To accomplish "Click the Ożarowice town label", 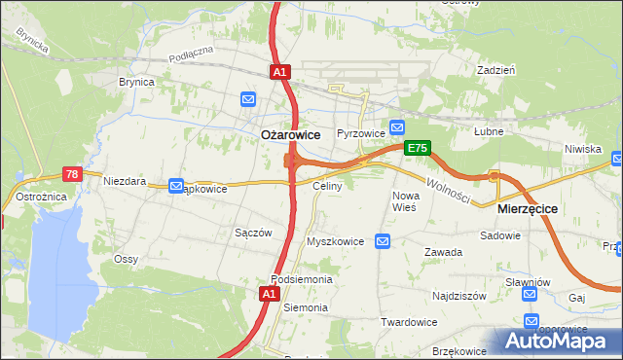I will [x=290, y=135].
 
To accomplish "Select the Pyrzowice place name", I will [x=356, y=132].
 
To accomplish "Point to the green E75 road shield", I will [x=418, y=148].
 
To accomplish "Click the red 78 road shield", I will [x=71, y=174].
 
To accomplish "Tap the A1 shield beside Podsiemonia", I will [x=274, y=293].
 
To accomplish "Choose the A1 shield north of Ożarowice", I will [x=279, y=72].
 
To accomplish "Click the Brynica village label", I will [x=136, y=83].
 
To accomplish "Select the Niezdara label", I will [x=124, y=181].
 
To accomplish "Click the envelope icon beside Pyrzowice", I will [x=397, y=127].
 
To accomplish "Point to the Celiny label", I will [x=326, y=185].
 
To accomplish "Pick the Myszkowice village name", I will [x=335, y=241].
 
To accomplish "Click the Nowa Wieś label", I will [x=404, y=201].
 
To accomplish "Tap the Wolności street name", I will [x=448, y=188].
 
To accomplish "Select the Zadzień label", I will [x=495, y=70].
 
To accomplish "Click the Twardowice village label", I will [x=408, y=322].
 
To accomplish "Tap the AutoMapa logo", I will [x=559, y=342].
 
